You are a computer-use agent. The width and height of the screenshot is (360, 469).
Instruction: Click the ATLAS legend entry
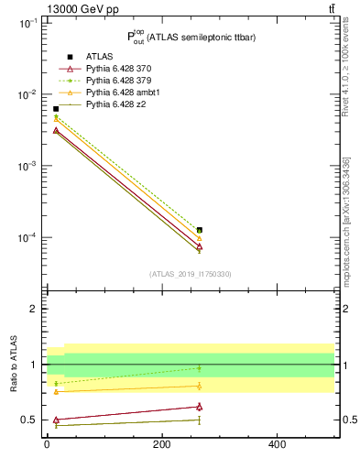pyautogui.click(x=99, y=57)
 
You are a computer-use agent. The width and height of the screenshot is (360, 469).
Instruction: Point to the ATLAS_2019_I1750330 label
pyautogui.click(x=191, y=274)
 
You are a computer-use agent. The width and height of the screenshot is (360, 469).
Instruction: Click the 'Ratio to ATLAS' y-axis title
pyautogui.click(x=13, y=364)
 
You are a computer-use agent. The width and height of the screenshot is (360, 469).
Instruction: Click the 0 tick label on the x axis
pyautogui.click(x=47, y=445)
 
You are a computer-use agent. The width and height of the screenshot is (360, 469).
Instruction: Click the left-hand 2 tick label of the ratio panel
pyautogui.click(x=35, y=309)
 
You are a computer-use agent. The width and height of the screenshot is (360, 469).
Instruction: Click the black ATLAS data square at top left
pyautogui.click(x=56, y=109)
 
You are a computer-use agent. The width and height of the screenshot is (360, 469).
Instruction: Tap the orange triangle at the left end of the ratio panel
pyautogui.click(x=56, y=391)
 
